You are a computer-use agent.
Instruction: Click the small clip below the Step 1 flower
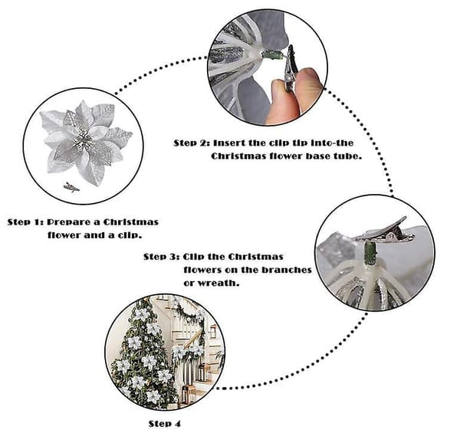coord(71,187)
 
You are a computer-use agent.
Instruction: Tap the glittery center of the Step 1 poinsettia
coord(83,141)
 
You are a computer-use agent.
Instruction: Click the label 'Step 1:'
coord(25,222)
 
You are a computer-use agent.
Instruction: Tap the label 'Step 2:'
coord(192,143)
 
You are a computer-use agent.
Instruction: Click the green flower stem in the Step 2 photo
coord(273,55)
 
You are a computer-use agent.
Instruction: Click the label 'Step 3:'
coord(162,257)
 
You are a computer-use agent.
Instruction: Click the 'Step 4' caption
coord(165,424)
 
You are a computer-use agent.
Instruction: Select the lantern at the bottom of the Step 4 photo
coord(186,394)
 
